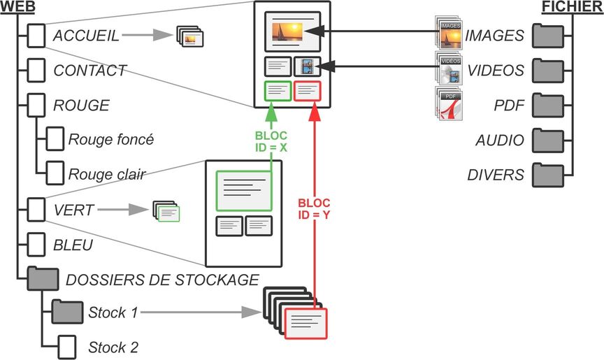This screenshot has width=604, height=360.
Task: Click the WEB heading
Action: click(15, 6)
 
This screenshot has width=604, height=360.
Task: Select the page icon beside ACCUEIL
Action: click(36, 36)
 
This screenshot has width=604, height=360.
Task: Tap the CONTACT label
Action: click(89, 71)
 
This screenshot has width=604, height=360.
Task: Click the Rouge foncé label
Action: click(110, 139)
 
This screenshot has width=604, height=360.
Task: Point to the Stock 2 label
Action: click(113, 347)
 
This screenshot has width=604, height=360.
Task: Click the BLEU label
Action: click(73, 246)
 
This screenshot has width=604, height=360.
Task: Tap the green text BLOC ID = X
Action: click(271, 141)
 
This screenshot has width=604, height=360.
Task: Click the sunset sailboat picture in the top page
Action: click(292, 31)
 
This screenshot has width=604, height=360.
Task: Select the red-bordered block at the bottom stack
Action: click(307, 323)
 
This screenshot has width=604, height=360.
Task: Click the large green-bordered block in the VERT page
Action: click(244, 189)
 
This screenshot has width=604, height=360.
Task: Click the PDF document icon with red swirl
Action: click(449, 104)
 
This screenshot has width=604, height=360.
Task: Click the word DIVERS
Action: click(496, 175)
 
